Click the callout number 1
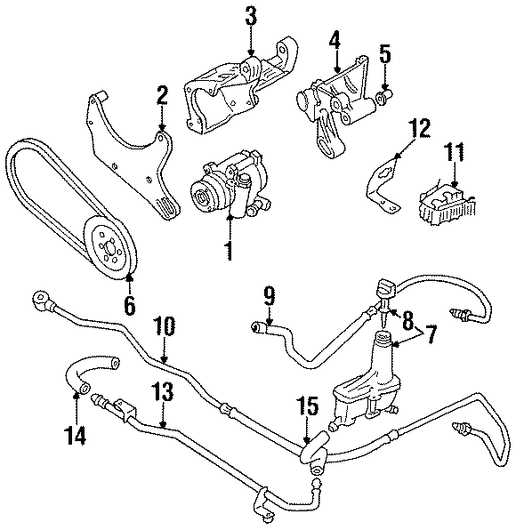(229, 251)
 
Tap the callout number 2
(162, 95)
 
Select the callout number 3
(252, 17)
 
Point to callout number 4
(335, 42)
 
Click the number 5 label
(385, 52)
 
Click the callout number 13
(163, 394)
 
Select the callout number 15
(306, 409)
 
